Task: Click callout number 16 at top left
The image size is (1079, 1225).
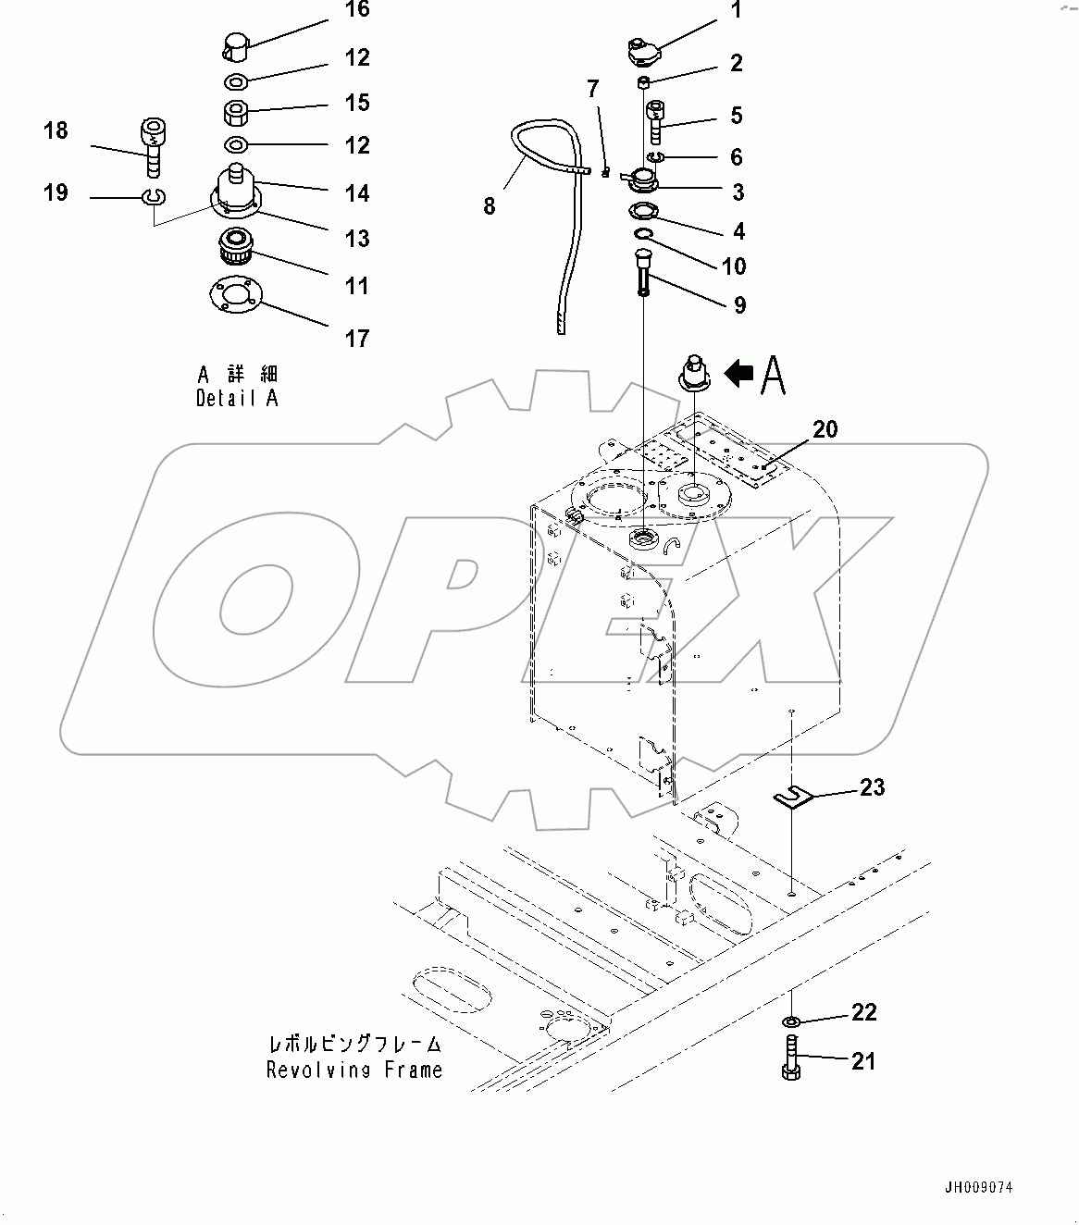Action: click(356, 10)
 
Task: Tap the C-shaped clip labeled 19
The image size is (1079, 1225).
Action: click(154, 196)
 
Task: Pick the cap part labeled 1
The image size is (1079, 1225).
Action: click(642, 50)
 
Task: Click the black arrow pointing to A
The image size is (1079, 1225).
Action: click(738, 374)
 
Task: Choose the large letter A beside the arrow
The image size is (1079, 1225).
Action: click(774, 375)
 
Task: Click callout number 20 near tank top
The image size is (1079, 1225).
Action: click(825, 429)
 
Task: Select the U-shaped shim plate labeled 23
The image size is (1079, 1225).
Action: click(792, 797)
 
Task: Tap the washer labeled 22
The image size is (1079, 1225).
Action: click(792, 1021)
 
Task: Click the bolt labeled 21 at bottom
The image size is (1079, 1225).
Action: click(792, 1058)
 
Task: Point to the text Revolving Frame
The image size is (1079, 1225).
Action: click(354, 1070)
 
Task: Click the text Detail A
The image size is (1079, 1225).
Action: click(237, 399)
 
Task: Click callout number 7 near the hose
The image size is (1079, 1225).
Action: click(593, 90)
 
